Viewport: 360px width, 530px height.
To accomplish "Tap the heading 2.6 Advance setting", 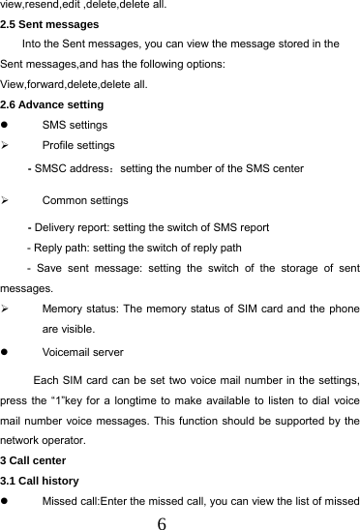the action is pyautogui.click(x=52, y=104).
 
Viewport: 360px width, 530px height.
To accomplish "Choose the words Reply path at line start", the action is pyautogui.click(x=61, y=248).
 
